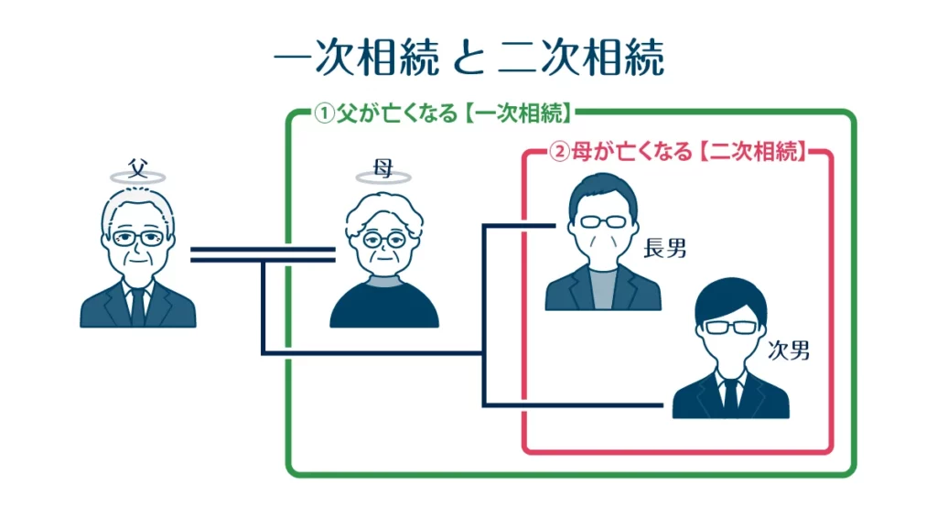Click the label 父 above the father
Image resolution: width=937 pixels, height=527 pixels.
pyautogui.click(x=137, y=167)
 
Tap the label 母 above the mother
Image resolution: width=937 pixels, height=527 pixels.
pyautogui.click(x=383, y=167)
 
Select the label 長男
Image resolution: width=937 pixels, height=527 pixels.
pyautogui.click(x=665, y=248)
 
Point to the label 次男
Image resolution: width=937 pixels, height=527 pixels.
pyautogui.click(x=789, y=350)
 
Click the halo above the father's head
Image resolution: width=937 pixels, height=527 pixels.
pyautogui.click(x=137, y=177)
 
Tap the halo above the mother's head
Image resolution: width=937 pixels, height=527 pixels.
pyautogui.click(x=383, y=177)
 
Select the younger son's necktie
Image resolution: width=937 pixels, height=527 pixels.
pyautogui.click(x=730, y=394)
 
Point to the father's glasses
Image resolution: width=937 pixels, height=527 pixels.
pyautogui.click(x=137, y=238)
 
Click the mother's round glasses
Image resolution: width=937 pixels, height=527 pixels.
pyautogui.click(x=383, y=240)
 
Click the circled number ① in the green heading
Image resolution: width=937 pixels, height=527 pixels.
pyautogui.click(x=323, y=114)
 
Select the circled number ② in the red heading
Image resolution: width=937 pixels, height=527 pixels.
pyautogui.click(x=558, y=152)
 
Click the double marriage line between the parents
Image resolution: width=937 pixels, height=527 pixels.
pyautogui.click(x=262, y=253)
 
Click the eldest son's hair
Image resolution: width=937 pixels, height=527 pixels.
pyautogui.click(x=600, y=194)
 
